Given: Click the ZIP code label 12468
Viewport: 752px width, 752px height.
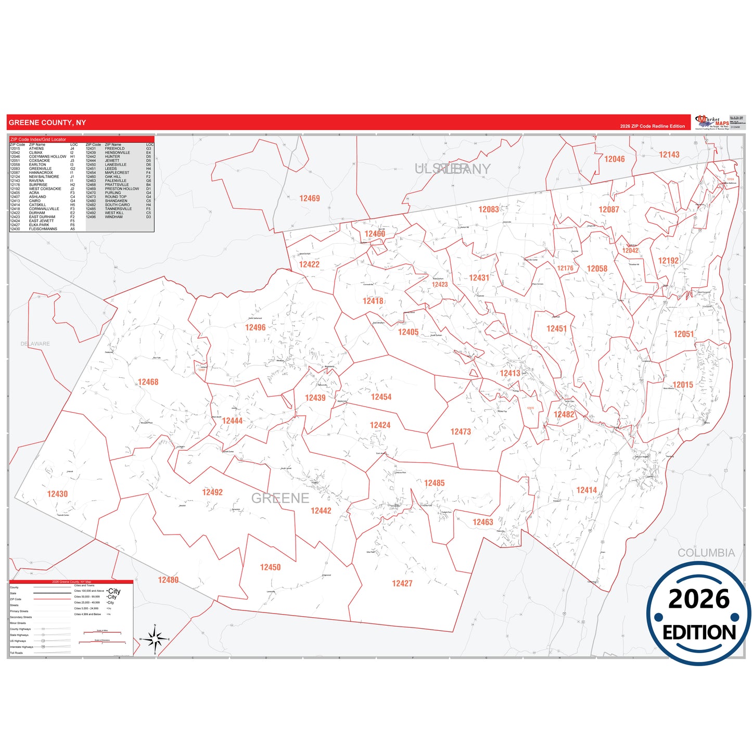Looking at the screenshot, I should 148,382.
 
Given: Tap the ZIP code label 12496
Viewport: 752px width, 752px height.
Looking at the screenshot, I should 255,327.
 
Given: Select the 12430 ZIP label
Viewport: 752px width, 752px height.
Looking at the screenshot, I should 57,494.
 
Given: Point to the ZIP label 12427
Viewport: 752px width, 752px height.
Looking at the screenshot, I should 402,583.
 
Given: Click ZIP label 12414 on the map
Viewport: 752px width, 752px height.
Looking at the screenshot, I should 587,490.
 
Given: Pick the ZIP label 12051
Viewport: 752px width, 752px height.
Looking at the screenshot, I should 683,334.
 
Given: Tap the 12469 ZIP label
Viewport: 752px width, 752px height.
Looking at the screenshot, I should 309,198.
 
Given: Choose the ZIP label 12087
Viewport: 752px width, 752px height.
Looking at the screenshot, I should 608,209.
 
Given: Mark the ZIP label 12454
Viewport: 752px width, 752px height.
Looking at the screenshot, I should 381,397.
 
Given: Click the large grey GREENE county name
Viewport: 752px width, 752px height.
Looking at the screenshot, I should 280,499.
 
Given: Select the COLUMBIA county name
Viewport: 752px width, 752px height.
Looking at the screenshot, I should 706,553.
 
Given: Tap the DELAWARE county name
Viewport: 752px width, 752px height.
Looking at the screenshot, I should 35,344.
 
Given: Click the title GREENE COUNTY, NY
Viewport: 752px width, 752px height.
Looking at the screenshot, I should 47,123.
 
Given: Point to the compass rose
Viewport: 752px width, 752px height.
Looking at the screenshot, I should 155,639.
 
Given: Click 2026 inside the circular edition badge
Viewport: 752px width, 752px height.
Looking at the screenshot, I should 698,600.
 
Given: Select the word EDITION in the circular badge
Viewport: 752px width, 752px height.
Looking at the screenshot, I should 699,632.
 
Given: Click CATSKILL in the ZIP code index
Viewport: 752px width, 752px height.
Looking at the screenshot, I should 37,205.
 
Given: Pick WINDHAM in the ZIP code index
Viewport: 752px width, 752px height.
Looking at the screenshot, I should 113,217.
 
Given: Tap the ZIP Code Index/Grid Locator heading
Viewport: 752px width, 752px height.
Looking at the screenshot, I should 38,139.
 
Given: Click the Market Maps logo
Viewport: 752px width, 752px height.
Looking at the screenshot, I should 712,122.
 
